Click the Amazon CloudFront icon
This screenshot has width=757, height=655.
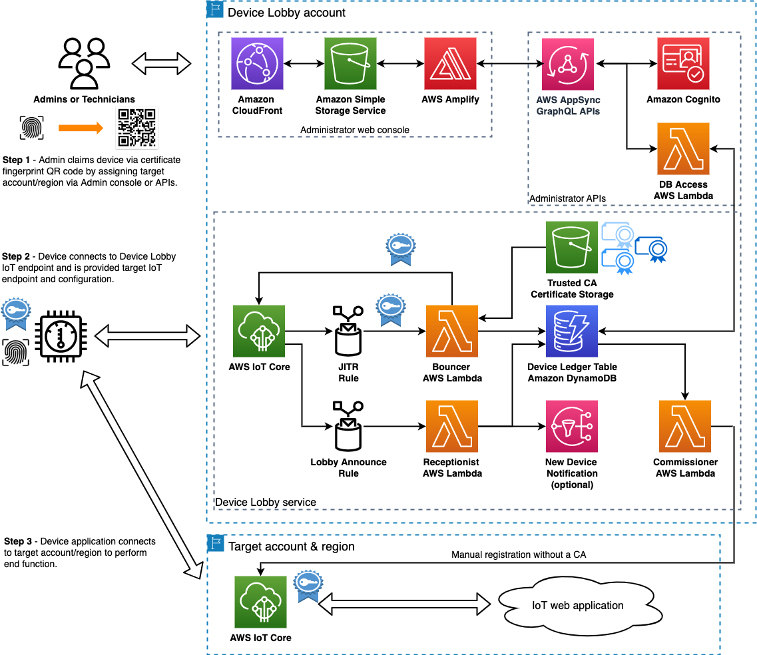257,63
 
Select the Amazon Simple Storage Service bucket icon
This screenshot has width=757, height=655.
351,63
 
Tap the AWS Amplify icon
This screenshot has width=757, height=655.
450,63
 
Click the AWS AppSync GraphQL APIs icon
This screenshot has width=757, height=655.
568,63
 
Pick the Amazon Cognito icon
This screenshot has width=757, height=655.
683,63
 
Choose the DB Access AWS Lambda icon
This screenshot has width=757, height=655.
683,148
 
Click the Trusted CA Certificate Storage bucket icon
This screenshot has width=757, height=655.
572,248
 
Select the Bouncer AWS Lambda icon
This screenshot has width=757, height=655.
452,331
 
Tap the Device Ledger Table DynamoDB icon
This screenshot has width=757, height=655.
572,331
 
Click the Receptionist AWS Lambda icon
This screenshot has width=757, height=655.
452,426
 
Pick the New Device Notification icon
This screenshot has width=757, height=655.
572,426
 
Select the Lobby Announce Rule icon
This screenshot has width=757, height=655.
348,427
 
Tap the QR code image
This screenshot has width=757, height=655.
137,127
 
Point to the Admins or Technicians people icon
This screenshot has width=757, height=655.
85,65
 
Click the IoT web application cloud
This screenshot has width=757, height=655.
577,606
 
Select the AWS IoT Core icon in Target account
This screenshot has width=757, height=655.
260,602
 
